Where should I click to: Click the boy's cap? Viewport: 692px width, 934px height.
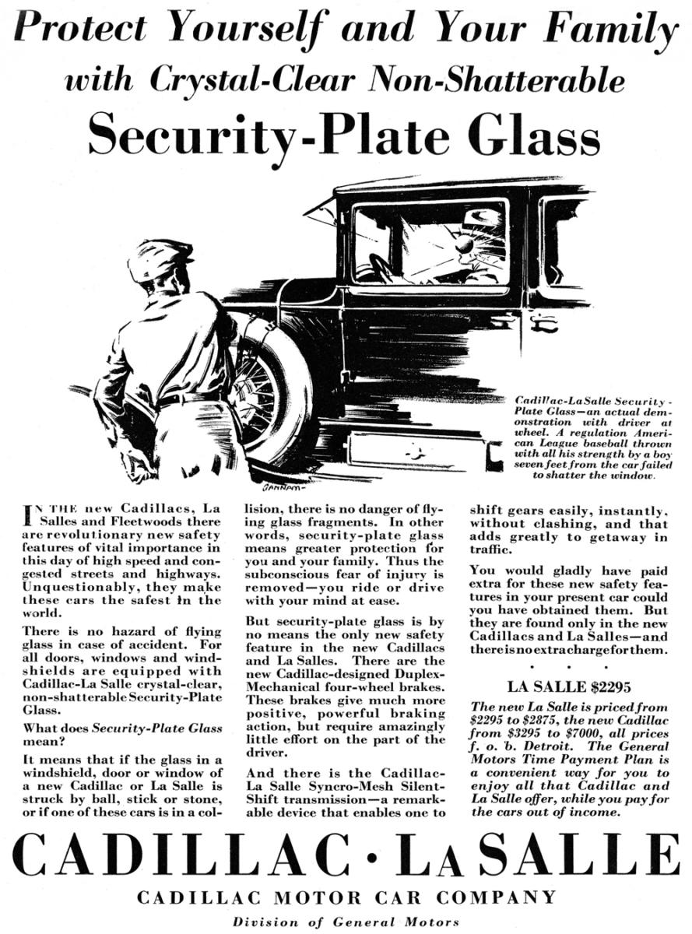[x=159, y=258]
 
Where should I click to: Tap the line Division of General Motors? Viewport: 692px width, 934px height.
[x=346, y=922]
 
